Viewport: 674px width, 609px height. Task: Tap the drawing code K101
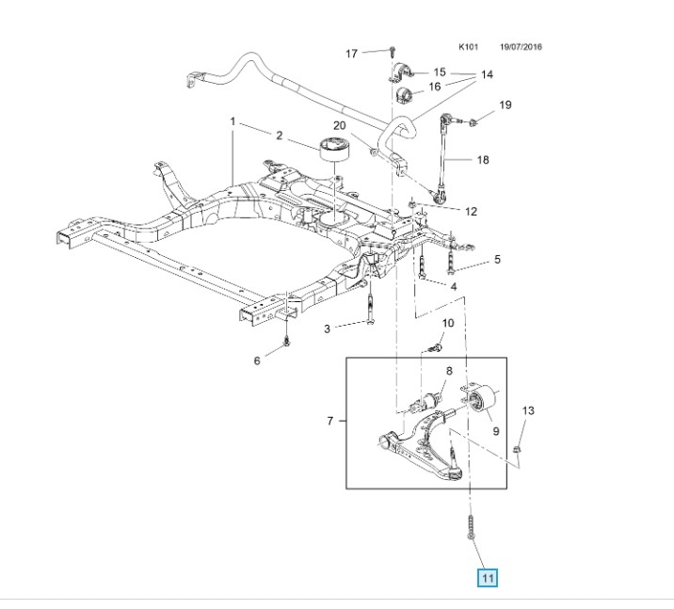point(469,46)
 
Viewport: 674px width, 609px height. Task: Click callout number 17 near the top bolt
point(351,54)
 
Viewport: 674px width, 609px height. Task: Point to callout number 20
point(339,126)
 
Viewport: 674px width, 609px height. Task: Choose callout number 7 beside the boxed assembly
point(329,420)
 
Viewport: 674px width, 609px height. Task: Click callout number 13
point(527,410)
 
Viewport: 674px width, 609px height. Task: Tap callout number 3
point(328,329)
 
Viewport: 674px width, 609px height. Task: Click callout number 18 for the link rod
point(482,160)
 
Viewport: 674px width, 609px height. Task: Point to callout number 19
point(504,104)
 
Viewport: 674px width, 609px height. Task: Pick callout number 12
point(471,212)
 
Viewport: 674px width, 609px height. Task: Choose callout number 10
point(447,324)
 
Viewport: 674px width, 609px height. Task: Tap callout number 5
point(497,259)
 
